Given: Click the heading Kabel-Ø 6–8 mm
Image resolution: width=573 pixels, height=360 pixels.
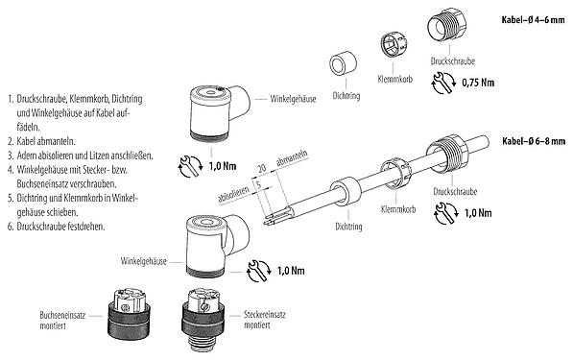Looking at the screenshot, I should (532, 141).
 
